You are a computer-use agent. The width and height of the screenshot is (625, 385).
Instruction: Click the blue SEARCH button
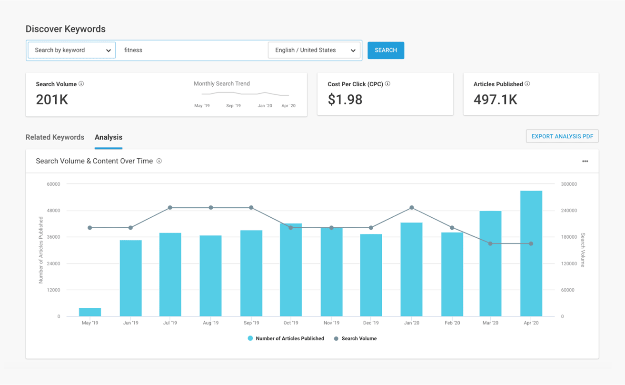click(x=386, y=50)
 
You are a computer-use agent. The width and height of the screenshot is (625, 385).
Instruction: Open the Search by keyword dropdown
click(x=72, y=50)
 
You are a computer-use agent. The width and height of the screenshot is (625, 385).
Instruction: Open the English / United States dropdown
click(x=314, y=50)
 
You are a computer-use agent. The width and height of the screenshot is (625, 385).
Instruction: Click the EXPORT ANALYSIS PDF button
click(x=562, y=136)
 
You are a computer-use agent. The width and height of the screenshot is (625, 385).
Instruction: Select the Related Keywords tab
click(x=55, y=137)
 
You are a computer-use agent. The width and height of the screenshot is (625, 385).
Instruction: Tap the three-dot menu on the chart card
click(x=585, y=161)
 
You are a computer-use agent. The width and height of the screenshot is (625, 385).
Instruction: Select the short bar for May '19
click(x=90, y=312)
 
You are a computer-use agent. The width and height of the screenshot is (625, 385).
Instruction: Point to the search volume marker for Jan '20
click(x=412, y=208)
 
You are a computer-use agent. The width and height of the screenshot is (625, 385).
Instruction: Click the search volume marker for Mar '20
click(x=490, y=243)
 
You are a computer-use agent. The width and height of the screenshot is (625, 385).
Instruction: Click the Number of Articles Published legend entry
click(x=286, y=338)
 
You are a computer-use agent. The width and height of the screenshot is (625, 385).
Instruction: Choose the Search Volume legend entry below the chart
click(x=355, y=338)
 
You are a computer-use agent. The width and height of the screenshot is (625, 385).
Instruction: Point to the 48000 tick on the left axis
click(x=52, y=211)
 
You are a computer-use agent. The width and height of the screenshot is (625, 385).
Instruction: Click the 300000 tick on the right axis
click(x=569, y=184)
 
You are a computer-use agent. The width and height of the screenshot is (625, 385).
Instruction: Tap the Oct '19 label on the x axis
click(x=291, y=323)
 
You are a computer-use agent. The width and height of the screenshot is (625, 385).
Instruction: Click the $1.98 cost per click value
click(x=345, y=100)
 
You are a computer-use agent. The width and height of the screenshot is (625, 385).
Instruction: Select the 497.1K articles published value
click(x=495, y=100)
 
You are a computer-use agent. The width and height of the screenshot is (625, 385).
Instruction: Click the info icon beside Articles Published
click(x=527, y=84)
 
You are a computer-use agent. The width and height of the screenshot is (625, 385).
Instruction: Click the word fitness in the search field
click(x=133, y=50)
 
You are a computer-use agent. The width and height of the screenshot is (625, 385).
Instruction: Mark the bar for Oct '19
click(x=291, y=270)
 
